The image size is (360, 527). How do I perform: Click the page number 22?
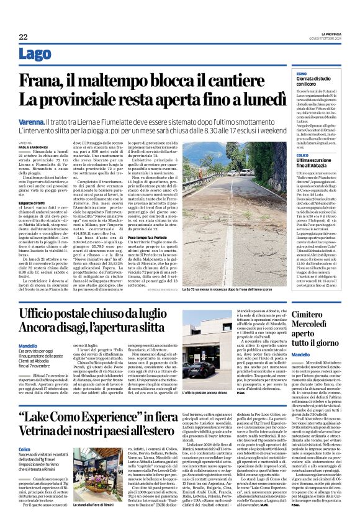[22, 37]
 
